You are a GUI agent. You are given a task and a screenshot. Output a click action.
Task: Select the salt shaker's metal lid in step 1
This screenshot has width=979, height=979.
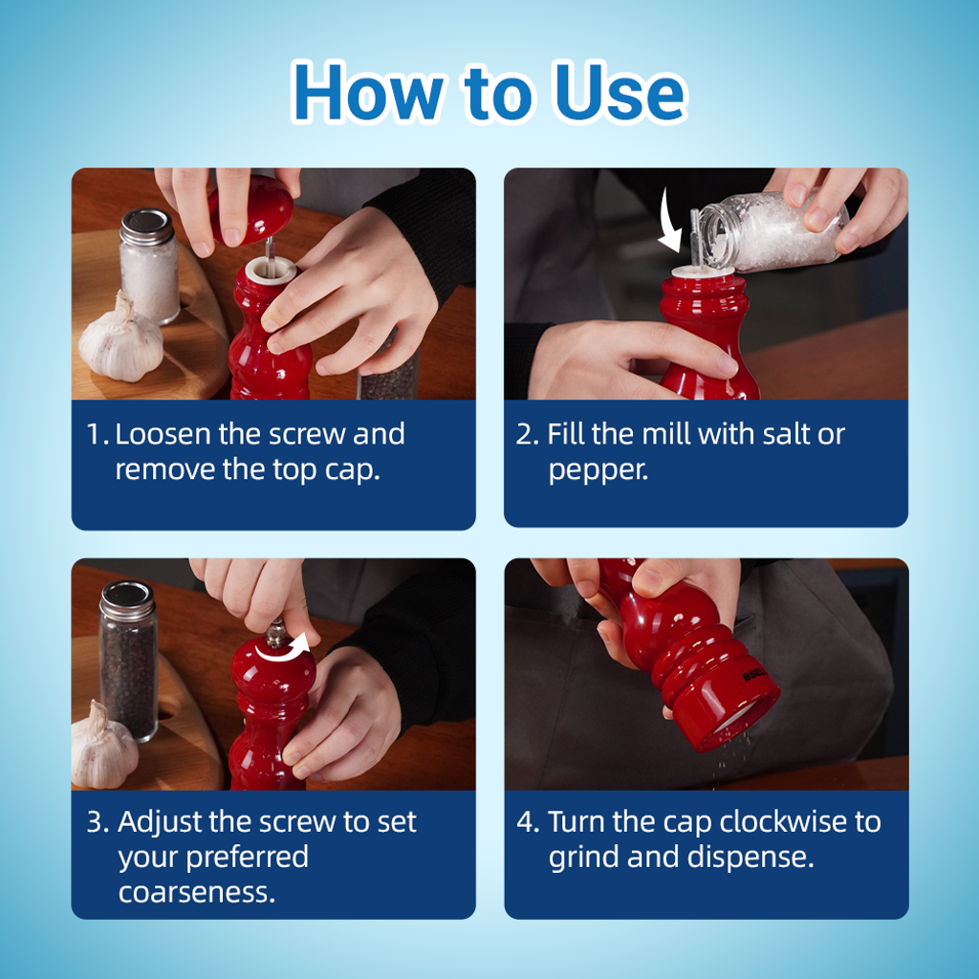click(146, 226)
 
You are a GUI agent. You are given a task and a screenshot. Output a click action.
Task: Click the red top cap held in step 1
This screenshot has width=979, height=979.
click(251, 209)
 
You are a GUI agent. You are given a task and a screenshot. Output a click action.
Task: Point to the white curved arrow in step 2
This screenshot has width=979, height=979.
click(669, 222)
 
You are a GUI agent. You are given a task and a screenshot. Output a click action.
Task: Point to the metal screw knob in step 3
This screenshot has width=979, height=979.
click(275, 633)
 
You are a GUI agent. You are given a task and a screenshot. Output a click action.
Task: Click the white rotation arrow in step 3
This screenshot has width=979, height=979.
click(282, 650)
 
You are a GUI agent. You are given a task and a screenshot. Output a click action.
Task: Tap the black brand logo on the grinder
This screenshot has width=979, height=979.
click(755, 674)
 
